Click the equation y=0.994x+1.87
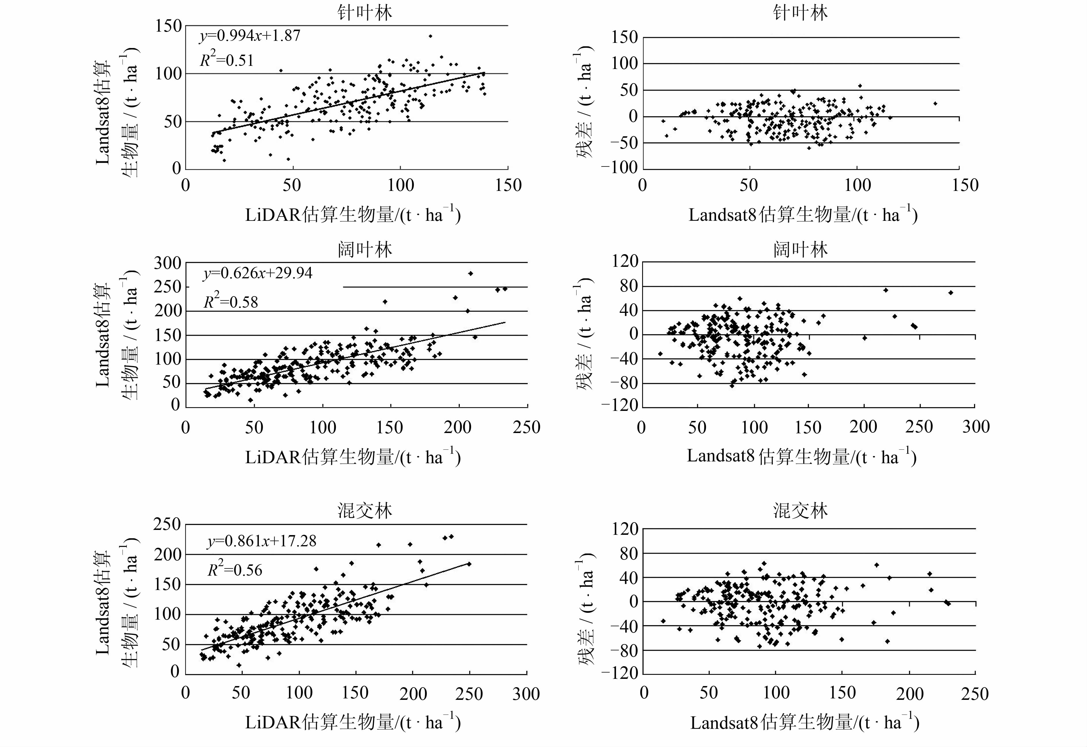coord(250,36)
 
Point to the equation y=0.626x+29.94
coord(257,273)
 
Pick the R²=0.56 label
coord(235,570)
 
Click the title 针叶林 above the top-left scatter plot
coord(365,13)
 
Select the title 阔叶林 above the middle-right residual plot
coord(800,250)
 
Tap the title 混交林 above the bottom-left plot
coord(365,511)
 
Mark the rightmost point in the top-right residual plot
coord(935,104)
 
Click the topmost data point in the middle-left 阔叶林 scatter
coord(470,273)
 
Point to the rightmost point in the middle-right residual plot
coord(951,292)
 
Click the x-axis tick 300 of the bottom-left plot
coord(526,693)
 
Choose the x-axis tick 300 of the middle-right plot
coord(976,427)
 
